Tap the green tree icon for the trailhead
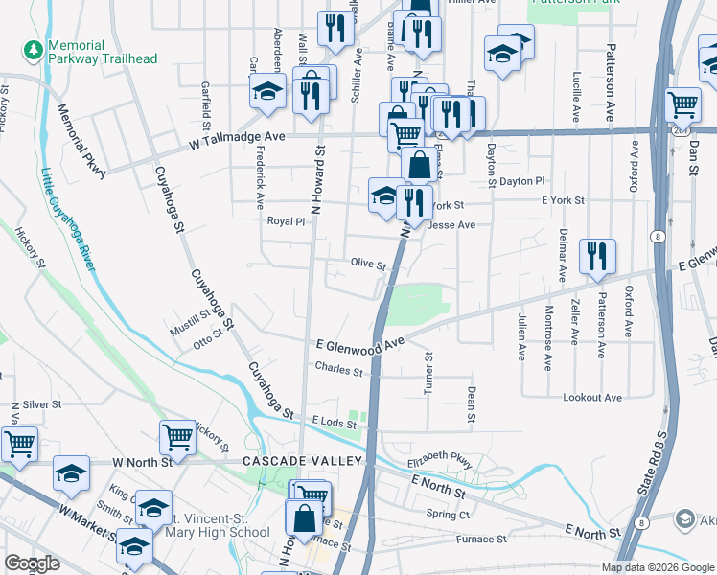[34, 47]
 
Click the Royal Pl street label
[285, 220]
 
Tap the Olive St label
[367, 264]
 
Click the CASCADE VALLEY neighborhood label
[301, 461]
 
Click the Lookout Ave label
[593, 397]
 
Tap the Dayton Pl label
[521, 181]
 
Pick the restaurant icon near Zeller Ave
[597, 256]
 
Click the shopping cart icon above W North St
[178, 437]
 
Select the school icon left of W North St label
[71, 471]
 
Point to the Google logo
[32, 563]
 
